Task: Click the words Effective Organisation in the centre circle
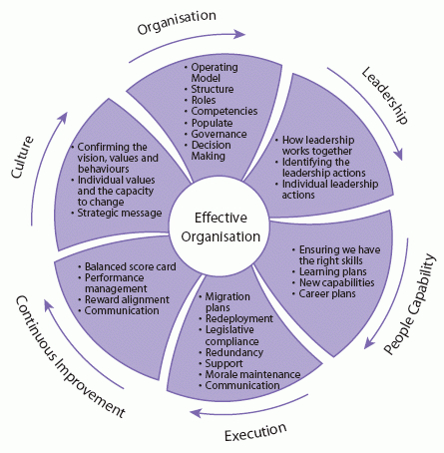[x=221, y=227]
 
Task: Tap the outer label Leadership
[x=385, y=95]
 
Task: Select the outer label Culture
[x=22, y=157]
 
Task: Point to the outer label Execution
[x=255, y=432]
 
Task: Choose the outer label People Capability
[x=409, y=303]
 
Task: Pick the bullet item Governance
[x=219, y=134]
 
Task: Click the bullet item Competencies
[x=224, y=112]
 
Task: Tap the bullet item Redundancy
[x=234, y=352]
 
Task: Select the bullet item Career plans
[x=327, y=294]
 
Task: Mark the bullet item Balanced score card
[x=131, y=266]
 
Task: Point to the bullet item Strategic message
[x=120, y=214]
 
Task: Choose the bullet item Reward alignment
[x=127, y=299]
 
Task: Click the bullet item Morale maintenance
[x=252, y=374]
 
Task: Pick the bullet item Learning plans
[x=333, y=272]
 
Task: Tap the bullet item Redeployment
[x=239, y=318]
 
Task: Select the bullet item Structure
[x=213, y=89]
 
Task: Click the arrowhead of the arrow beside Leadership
[x=398, y=155]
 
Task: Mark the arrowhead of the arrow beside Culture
[x=63, y=118]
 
